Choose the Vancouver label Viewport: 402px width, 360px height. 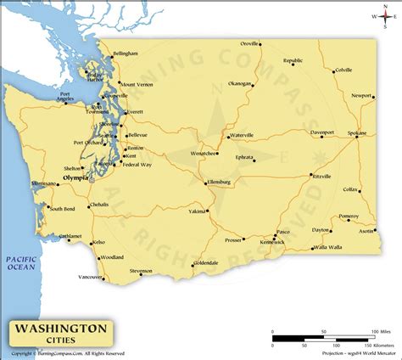pyautogui.click(x=91, y=277)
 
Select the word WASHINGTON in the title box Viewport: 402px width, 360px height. pyautogui.click(x=59, y=326)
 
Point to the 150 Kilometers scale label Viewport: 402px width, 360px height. pyautogui.click(x=371, y=346)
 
